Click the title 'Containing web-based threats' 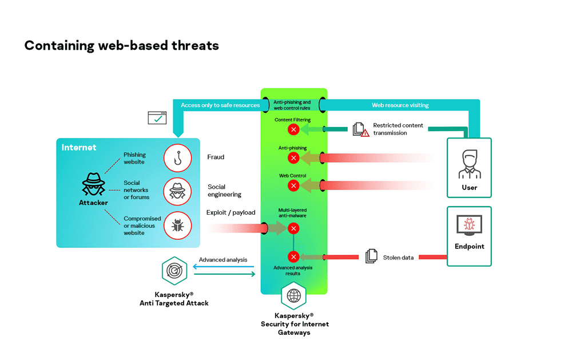(121, 45)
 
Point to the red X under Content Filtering (293, 130)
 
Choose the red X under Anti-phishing (293, 158)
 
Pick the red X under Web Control (293, 185)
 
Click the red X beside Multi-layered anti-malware (293, 228)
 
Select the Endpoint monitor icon (469, 225)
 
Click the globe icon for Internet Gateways (293, 296)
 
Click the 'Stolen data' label (398, 258)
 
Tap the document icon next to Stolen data (371, 256)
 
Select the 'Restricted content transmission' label (398, 129)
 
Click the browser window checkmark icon (157, 118)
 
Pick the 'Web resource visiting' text (400, 105)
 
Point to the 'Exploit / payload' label (231, 213)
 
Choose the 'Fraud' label (216, 157)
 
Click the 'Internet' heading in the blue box (79, 148)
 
